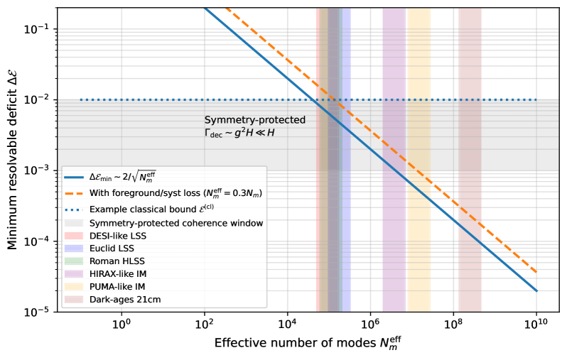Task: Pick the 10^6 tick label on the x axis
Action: (370, 324)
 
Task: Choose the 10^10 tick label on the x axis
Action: (536, 324)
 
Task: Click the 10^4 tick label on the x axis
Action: (287, 324)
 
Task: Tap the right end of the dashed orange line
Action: (536, 272)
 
